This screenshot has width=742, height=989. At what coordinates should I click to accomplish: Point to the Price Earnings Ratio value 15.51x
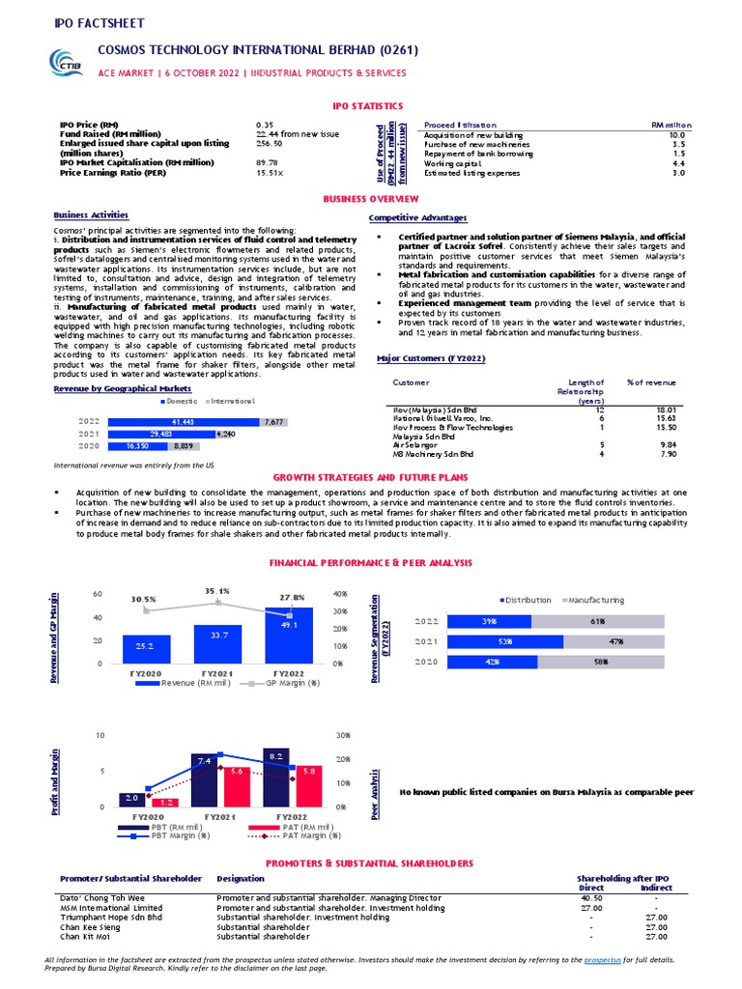pos(270,173)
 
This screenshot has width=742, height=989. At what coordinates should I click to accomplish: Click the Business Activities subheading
pos(90,214)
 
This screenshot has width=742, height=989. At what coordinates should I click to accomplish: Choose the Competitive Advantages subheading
pos(417,218)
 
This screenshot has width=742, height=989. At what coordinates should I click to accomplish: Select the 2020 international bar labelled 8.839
pos(184,447)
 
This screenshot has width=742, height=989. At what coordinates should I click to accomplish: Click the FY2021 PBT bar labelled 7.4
pos(205,779)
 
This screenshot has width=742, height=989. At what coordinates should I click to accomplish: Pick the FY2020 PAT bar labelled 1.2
pos(168,802)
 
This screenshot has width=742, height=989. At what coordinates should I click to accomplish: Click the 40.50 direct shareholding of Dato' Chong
pos(590,897)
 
